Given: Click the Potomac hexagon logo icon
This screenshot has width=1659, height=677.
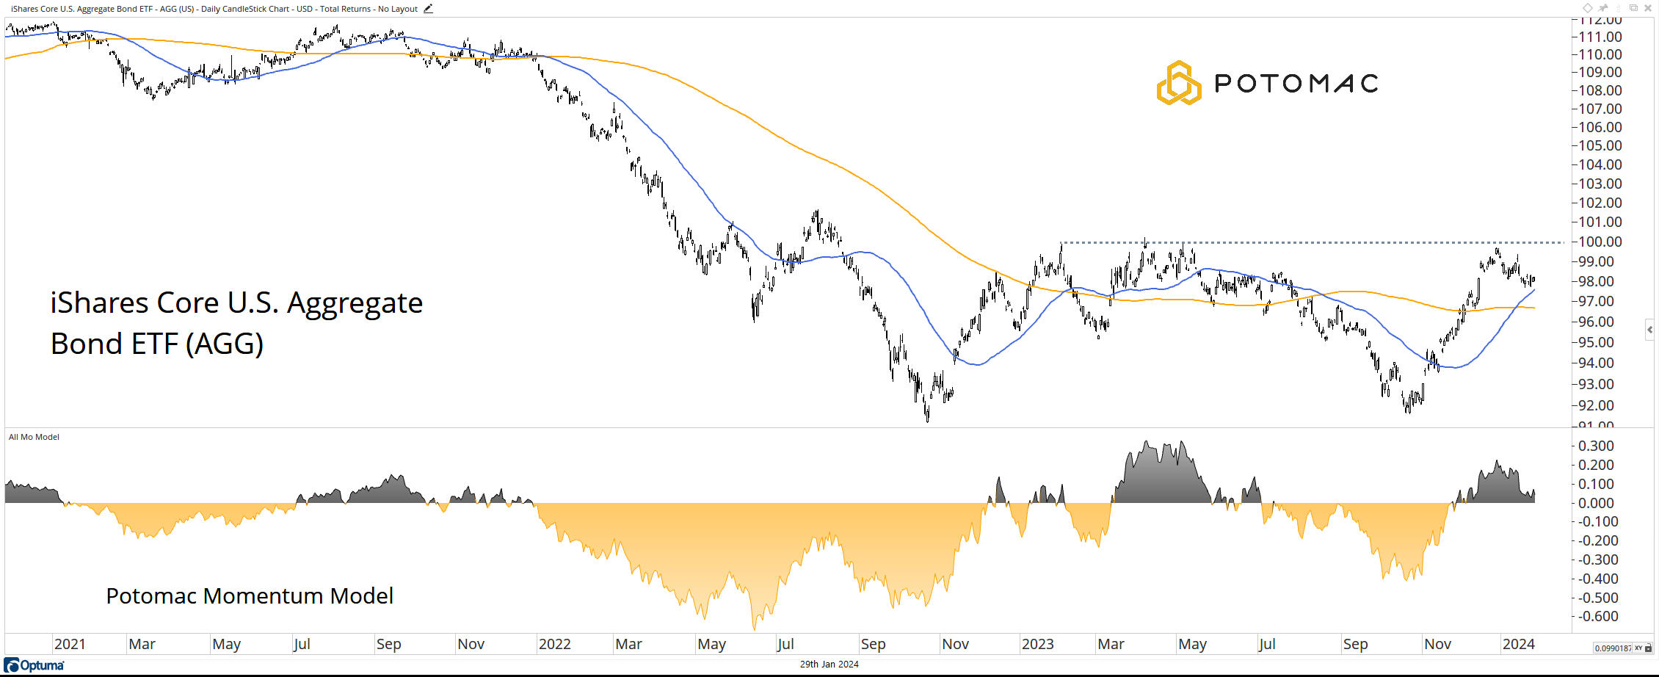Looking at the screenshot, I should click(1178, 83).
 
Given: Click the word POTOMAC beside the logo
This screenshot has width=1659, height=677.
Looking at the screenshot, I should click(1296, 83).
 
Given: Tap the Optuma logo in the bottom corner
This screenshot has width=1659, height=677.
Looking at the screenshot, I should click(35, 665).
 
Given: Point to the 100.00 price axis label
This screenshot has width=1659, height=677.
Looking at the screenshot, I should click(1600, 242).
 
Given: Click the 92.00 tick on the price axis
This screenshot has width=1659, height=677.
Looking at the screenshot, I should click(1600, 405).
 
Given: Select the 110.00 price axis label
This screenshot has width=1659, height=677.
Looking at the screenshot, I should click(1600, 54).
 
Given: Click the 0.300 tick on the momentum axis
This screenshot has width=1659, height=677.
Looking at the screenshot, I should click(1596, 446).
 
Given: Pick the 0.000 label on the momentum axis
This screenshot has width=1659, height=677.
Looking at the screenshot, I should click(1596, 503).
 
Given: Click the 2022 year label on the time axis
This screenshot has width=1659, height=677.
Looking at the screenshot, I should click(554, 644).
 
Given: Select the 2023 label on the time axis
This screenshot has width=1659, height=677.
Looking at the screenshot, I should click(1037, 644).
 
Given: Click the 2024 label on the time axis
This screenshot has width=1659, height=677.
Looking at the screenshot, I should click(1518, 644).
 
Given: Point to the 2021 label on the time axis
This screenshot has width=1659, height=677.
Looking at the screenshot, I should click(70, 644).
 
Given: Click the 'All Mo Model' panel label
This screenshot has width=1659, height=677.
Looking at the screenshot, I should click(34, 437).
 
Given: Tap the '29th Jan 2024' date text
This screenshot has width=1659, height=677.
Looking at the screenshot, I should click(829, 665).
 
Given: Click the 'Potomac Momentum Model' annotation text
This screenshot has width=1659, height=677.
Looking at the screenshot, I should click(250, 595).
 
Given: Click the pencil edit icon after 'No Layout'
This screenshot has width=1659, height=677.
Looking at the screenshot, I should click(428, 9).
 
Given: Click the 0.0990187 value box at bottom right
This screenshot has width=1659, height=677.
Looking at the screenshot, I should click(1613, 648).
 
